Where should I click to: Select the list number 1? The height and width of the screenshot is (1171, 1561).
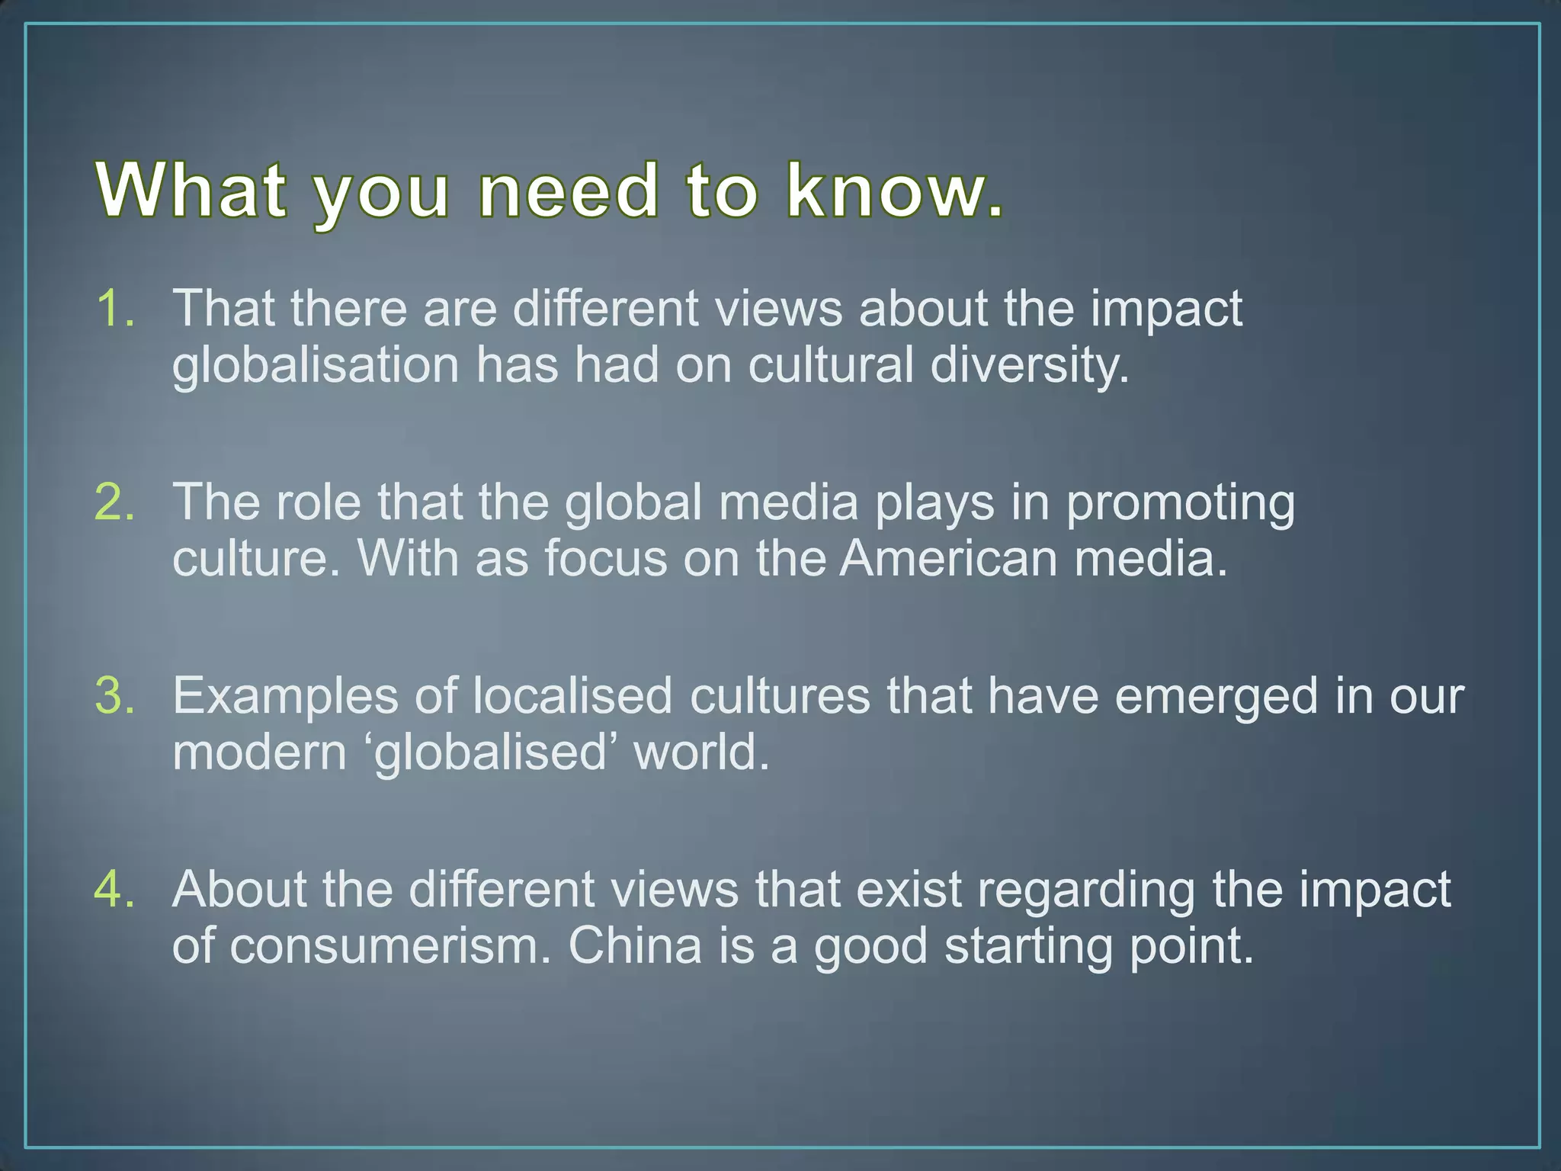point(115,309)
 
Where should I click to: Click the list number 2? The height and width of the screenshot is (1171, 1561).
point(115,502)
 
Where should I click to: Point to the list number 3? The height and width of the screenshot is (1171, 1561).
point(115,696)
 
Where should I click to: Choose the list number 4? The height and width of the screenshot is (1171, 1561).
point(115,890)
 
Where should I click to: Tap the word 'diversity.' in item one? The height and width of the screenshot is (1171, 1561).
point(1029,365)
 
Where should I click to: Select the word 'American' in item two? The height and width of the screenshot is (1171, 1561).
point(948,559)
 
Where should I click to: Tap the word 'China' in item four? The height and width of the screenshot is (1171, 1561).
point(634,946)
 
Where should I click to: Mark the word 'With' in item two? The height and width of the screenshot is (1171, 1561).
point(408,559)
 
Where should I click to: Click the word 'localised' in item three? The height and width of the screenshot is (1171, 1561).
point(572,697)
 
